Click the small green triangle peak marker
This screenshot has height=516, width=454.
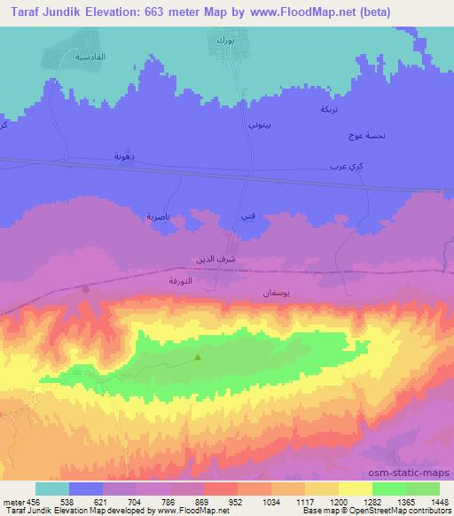pyautogui.click(x=197, y=358)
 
